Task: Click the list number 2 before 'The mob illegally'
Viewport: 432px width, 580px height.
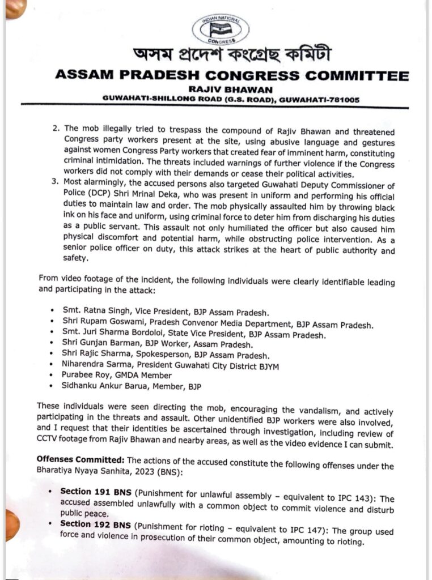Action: coord(56,129)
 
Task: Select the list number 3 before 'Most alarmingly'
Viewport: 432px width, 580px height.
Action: coord(56,184)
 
